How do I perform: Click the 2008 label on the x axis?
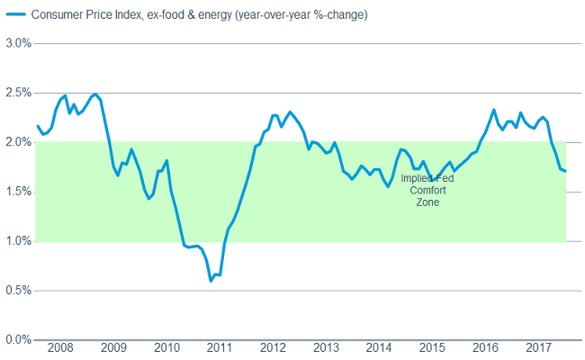[59, 348]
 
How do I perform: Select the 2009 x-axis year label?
[112, 348]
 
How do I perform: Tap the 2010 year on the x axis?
[166, 348]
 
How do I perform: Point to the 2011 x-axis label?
[219, 348]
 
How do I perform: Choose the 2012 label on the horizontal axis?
[272, 348]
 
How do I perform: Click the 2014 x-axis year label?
[379, 348]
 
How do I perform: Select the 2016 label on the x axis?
[485, 348]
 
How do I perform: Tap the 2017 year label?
[538, 348]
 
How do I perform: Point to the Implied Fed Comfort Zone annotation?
[427, 191]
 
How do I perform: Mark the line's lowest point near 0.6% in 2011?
[211, 281]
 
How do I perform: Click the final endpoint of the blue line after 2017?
[565, 171]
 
